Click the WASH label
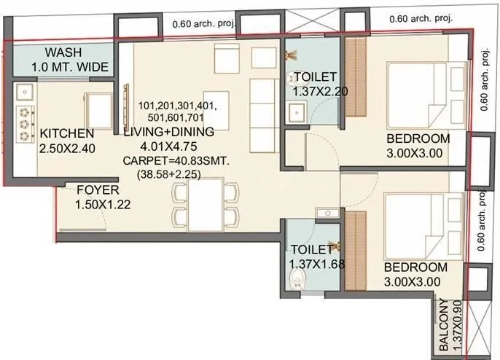tap(63, 53)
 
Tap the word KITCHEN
tap(66, 133)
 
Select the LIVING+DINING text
tap(168, 132)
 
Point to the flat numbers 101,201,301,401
tap(177, 106)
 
